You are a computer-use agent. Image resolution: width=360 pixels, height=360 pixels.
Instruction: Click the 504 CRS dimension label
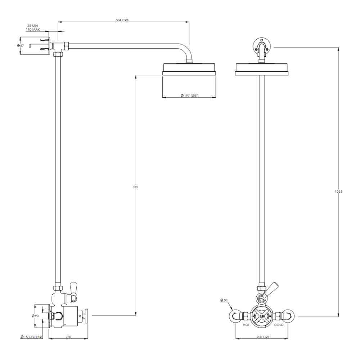[x=122, y=20]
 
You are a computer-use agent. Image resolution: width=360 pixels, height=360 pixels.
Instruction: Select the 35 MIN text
[x=33, y=26]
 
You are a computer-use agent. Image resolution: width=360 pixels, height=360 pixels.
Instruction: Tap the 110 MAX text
[x=33, y=30]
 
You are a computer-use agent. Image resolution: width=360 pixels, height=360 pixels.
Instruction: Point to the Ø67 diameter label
[x=21, y=46]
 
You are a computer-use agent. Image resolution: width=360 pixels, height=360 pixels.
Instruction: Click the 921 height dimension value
[x=136, y=187]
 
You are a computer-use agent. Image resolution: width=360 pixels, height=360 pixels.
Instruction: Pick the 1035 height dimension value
[x=338, y=191]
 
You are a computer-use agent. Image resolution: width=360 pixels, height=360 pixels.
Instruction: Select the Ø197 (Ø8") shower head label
[x=189, y=95]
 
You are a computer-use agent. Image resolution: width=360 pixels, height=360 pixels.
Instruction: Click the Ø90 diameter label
[x=35, y=316]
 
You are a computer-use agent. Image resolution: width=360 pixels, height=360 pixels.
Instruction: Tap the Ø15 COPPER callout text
[x=31, y=337]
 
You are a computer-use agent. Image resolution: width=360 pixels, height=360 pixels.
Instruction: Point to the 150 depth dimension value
[x=68, y=337]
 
